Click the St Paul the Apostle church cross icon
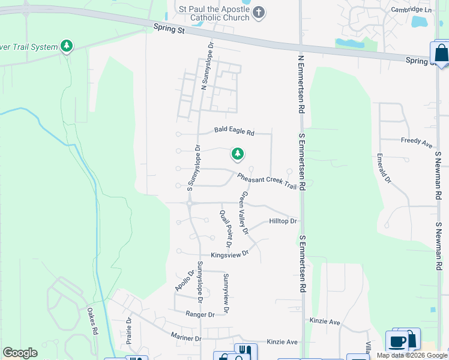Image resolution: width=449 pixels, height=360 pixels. [259, 13]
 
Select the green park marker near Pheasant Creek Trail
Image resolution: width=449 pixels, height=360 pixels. [238, 155]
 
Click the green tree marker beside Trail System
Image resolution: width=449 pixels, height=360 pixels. [67, 46]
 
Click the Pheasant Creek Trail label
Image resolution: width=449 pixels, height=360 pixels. [267, 181]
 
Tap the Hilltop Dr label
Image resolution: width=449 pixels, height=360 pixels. [283, 221]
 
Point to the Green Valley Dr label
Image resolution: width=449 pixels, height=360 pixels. [244, 213]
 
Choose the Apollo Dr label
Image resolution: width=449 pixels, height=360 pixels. [185, 281]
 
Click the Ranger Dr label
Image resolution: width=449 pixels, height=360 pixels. [200, 314]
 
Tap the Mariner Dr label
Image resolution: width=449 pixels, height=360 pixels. [185, 338]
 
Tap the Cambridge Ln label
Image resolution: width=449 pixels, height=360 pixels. [411, 10]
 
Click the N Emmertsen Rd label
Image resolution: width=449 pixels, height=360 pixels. [299, 83]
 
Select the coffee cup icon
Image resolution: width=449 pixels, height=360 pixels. [396, 341]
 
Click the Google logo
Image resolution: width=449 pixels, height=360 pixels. [20, 353]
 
